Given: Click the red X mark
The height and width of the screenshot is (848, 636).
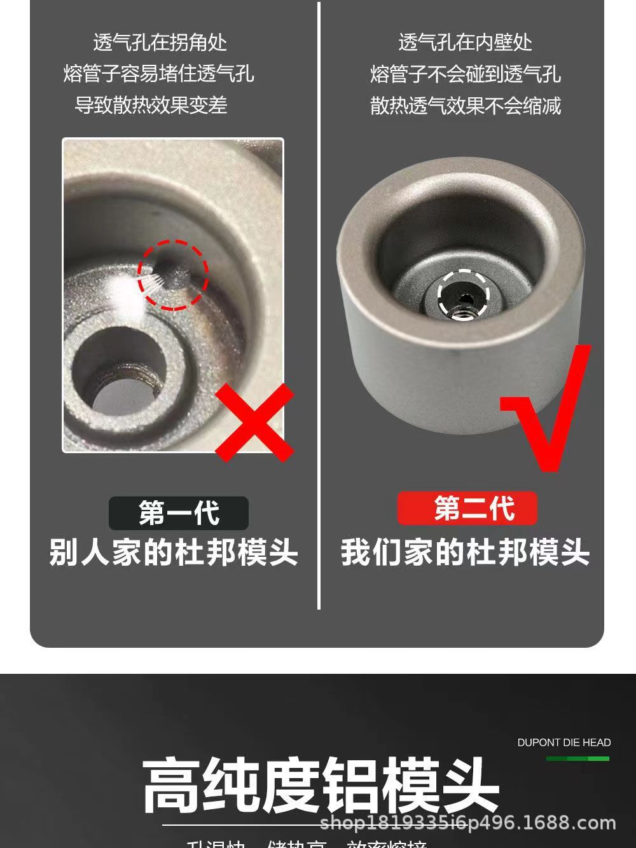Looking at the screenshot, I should point(254,422).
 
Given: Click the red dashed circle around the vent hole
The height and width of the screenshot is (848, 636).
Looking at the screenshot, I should point(173,275).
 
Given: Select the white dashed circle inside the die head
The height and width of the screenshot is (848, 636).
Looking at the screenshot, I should point(464,293).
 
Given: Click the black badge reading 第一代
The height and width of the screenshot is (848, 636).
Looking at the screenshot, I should point(179,513).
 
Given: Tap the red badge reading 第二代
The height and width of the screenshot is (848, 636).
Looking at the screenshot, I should point(467,509).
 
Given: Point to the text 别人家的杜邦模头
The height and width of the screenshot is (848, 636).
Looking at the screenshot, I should point(174,552).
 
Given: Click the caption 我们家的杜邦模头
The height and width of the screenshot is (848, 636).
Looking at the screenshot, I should point(465,552).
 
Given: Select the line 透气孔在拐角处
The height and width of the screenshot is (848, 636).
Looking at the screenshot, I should point(160,43).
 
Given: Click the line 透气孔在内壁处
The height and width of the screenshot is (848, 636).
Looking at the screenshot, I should point(465,43).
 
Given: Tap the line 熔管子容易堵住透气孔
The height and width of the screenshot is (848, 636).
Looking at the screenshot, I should point(158,74).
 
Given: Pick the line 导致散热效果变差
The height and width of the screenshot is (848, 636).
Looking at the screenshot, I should point(151,105).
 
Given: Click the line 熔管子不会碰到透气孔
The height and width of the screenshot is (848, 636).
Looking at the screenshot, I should point(465,74).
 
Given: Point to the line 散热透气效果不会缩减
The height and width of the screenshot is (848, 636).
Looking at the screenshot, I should point(465,105).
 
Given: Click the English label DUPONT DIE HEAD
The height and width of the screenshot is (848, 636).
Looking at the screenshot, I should point(563,742).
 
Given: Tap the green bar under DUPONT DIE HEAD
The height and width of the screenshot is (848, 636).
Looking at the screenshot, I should point(577,758).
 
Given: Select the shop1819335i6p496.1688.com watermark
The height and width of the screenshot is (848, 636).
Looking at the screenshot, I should point(468,823).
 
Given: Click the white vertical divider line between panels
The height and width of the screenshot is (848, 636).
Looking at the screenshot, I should point(319,305).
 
